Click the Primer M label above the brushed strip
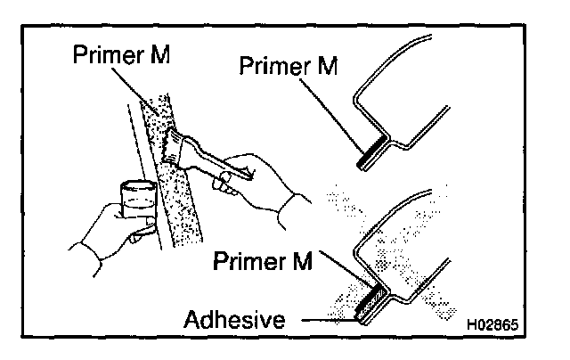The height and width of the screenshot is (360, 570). point(121,53)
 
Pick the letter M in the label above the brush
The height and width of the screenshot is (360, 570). point(160,53)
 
